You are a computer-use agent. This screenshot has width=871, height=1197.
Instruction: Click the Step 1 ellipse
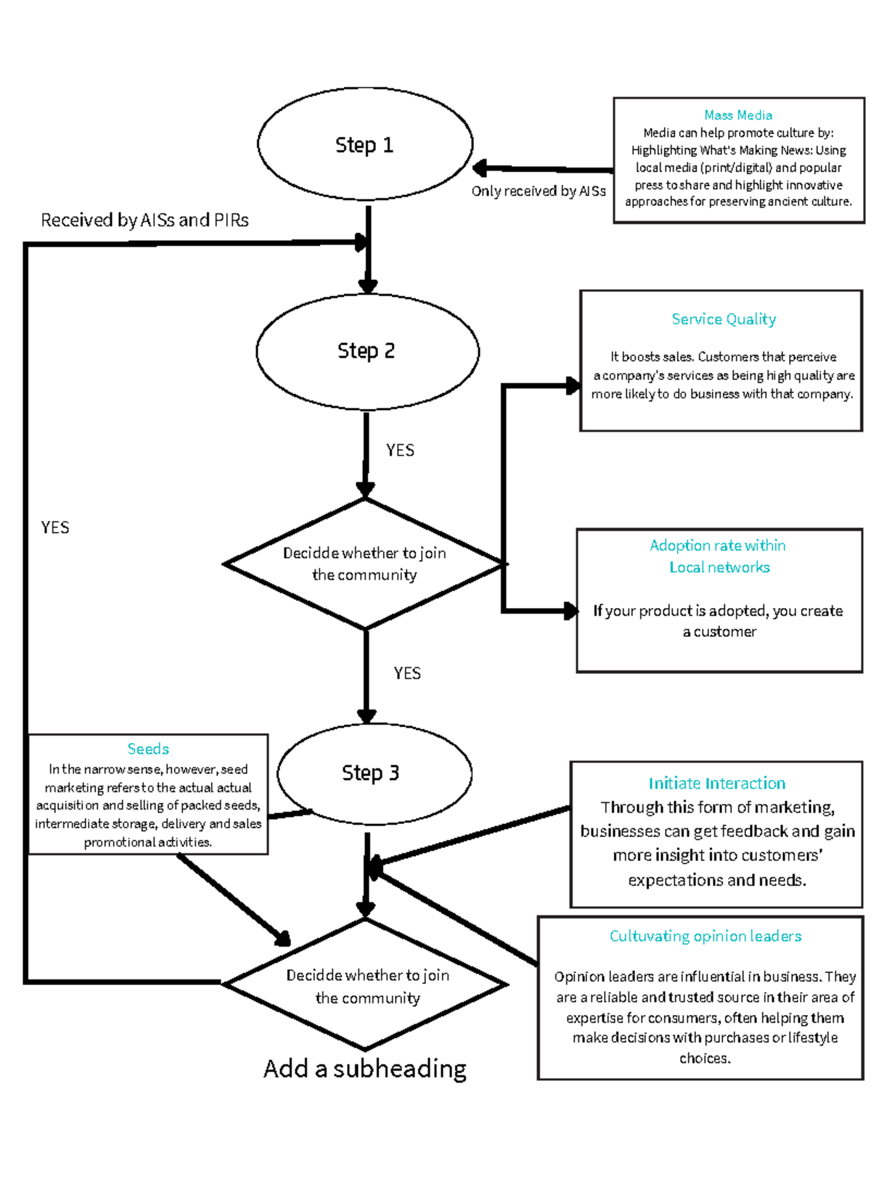click(x=365, y=145)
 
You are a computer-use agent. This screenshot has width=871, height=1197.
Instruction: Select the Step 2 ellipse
click(x=367, y=351)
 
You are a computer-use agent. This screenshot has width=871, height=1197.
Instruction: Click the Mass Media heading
click(x=737, y=115)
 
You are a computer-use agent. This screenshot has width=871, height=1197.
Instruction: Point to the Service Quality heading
click(x=723, y=319)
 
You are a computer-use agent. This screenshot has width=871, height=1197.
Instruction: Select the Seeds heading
click(x=148, y=749)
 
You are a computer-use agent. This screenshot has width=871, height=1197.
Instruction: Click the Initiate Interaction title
click(x=716, y=783)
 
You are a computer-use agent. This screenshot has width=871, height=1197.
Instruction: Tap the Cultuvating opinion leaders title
click(x=705, y=936)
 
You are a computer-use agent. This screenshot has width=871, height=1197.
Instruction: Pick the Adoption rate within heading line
click(x=717, y=546)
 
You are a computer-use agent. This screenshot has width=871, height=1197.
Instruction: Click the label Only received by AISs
click(x=538, y=191)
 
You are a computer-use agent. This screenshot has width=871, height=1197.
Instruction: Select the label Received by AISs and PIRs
click(x=144, y=220)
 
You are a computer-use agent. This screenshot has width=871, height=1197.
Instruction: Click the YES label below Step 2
click(x=400, y=451)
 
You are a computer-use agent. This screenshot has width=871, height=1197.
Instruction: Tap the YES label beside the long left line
click(x=55, y=527)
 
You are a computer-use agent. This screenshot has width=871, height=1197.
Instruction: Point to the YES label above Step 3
click(x=406, y=673)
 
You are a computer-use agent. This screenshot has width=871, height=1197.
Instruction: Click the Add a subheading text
click(x=364, y=1069)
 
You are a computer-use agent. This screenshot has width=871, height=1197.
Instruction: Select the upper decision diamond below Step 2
click(x=364, y=564)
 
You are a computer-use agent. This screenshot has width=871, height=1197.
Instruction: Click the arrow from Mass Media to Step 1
click(x=544, y=169)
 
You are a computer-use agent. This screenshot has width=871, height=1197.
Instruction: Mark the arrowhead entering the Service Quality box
click(x=572, y=386)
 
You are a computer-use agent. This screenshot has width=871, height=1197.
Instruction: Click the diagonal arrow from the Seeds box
click(x=232, y=900)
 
